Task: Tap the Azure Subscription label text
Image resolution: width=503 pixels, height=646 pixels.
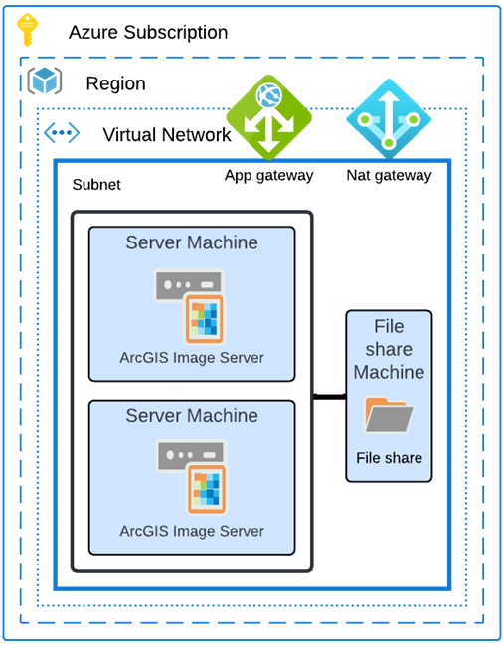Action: coord(147,33)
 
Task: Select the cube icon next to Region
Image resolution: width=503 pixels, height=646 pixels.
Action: coord(45,82)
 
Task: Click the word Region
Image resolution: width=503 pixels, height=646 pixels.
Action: coord(115,83)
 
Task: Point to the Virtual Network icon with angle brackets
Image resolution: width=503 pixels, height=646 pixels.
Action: coord(62,133)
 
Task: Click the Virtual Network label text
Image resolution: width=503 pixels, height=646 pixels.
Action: coord(166,135)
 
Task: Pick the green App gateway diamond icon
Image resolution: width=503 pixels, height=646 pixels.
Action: coord(268,117)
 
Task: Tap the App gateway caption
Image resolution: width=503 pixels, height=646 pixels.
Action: coord(268,176)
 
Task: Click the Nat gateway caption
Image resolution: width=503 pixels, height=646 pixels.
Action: coord(389,176)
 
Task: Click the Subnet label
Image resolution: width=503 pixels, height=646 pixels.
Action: coord(96,185)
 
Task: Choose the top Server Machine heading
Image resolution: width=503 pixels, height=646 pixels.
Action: coord(192,242)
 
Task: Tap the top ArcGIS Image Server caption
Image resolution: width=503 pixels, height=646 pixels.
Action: coord(192,357)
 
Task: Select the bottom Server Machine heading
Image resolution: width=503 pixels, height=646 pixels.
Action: coord(192,415)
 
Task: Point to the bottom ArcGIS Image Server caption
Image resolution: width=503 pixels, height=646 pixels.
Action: coord(192,531)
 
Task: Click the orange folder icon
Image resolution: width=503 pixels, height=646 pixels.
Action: coord(389,414)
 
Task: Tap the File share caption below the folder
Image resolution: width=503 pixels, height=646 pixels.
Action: coord(389,458)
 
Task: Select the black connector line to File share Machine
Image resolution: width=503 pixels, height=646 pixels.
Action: coord(328,397)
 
